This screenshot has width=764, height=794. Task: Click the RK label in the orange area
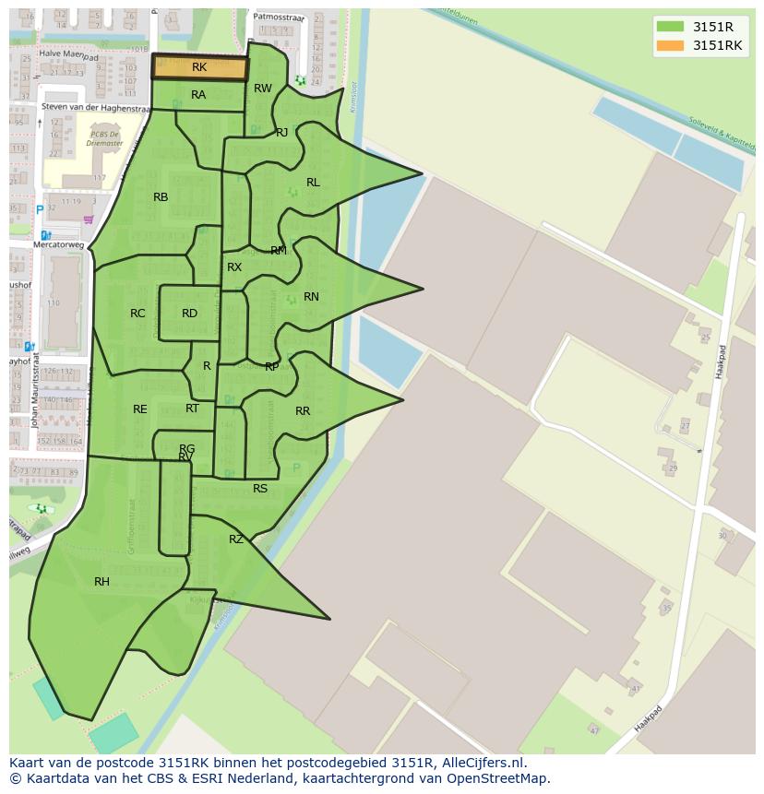(199, 67)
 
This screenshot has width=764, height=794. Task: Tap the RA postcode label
(198, 95)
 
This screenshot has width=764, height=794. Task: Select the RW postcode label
(263, 89)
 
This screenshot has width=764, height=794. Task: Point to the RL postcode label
(313, 183)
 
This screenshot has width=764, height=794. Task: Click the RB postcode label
(161, 197)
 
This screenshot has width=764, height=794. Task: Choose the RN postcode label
(311, 297)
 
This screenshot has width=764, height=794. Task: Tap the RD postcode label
(189, 314)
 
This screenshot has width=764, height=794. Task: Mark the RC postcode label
(137, 314)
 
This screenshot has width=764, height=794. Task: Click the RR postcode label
(303, 411)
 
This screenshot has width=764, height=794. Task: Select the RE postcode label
(139, 409)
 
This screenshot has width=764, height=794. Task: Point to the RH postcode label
(101, 582)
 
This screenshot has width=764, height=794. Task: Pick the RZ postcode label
(236, 539)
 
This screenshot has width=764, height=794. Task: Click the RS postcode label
(260, 489)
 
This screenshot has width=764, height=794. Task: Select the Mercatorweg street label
(58, 245)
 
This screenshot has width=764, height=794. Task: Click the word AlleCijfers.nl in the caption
(484, 763)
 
